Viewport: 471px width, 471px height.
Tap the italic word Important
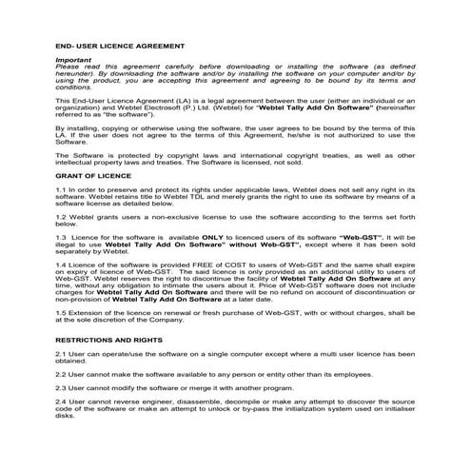[x=71, y=60]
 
